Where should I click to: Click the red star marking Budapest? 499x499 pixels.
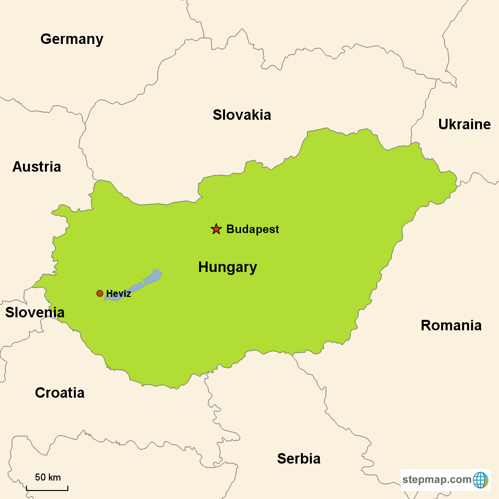click(x=216, y=229)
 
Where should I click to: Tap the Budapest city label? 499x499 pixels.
click(x=252, y=230)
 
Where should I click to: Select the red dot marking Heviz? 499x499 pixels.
click(x=100, y=293)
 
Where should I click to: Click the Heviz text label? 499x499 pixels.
click(x=119, y=294)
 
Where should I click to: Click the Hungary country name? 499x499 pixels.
click(x=228, y=267)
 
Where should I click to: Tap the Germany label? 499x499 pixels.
click(x=72, y=39)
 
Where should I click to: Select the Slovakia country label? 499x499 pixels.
click(x=242, y=115)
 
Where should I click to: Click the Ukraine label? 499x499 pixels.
click(x=465, y=124)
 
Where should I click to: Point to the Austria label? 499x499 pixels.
click(x=36, y=167)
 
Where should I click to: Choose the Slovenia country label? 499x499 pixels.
click(x=35, y=312)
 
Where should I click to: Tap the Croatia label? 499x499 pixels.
click(x=59, y=393)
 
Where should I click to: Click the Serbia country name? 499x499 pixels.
click(x=299, y=459)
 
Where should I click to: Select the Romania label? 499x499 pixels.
click(x=451, y=325)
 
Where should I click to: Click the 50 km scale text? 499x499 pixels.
click(x=48, y=477)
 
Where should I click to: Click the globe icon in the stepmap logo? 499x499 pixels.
click(x=481, y=480)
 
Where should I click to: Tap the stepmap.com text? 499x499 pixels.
click(x=437, y=480)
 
